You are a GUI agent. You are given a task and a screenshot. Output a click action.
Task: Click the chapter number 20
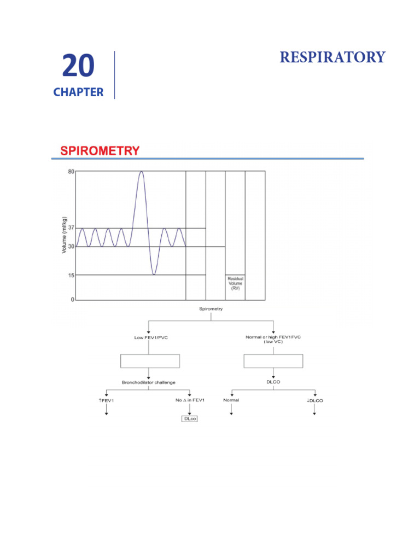point(78,67)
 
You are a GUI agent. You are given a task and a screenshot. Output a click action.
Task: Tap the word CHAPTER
point(78,92)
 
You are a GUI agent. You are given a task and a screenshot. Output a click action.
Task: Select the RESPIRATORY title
point(332,57)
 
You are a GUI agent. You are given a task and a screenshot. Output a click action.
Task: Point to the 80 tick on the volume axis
point(71,172)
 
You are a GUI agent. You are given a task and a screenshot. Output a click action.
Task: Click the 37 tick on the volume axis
point(71,228)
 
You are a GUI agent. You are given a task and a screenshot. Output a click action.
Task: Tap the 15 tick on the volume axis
point(71,275)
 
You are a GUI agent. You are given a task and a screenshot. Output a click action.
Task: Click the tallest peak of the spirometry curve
point(141,172)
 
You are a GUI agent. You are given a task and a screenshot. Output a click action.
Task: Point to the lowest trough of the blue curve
point(154,274)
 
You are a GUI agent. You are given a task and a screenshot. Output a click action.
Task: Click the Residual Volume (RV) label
point(235,283)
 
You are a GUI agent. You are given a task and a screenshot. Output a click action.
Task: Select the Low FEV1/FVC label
point(151,337)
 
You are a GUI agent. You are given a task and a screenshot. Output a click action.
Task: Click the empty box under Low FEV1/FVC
point(150,361)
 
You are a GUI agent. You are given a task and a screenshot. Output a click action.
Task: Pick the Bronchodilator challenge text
point(148,382)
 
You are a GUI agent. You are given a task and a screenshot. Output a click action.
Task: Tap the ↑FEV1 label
point(106,400)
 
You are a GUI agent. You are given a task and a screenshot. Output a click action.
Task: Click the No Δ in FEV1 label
point(189,400)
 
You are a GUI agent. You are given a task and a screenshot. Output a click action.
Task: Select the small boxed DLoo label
point(189,419)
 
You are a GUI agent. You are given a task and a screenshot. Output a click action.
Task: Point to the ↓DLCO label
point(314,400)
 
